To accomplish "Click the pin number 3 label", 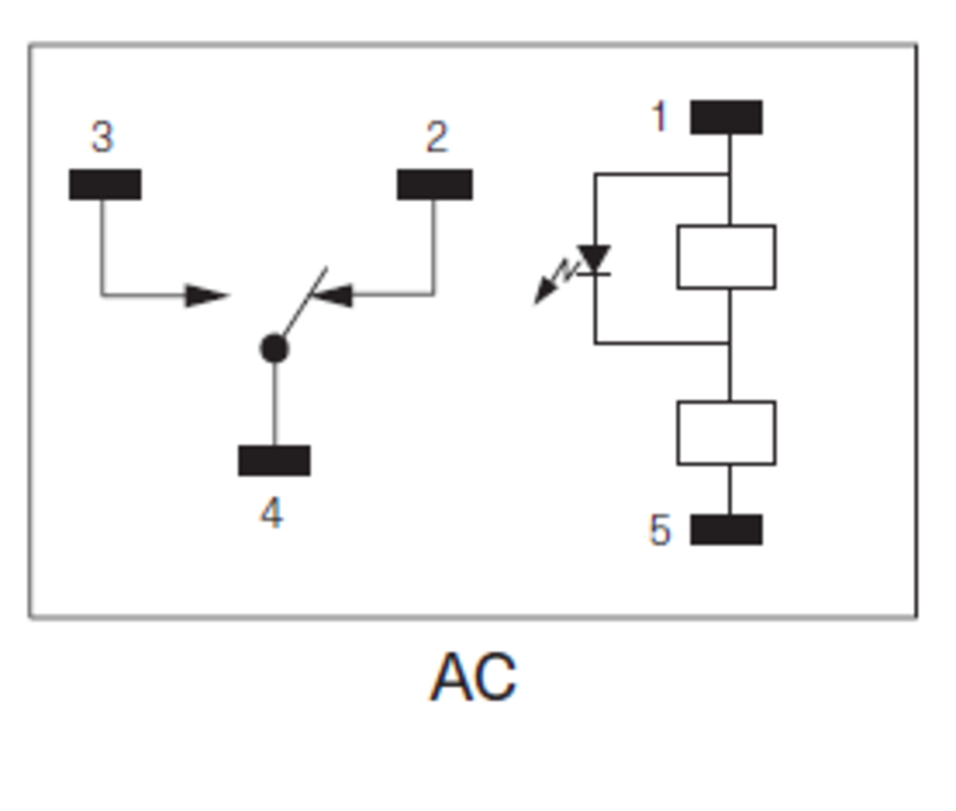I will (x=102, y=137).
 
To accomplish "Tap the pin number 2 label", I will (x=436, y=138).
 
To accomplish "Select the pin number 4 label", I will (x=272, y=515).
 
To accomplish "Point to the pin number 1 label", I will (x=659, y=117).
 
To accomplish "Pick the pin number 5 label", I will (x=660, y=530).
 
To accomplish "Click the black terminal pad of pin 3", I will (x=105, y=185).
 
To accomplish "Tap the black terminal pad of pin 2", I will (x=435, y=185).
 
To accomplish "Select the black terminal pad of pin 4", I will (x=274, y=460).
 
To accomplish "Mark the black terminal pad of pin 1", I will (x=727, y=118).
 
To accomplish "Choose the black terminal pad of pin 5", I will (x=727, y=529).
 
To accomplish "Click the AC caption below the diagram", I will (x=473, y=677).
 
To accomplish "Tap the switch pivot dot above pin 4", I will (x=274, y=349).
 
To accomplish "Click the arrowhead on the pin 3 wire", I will (x=206, y=296).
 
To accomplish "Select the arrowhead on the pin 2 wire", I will (x=332, y=295).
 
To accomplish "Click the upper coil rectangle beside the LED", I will (x=727, y=256).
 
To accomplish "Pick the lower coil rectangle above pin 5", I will (x=727, y=433).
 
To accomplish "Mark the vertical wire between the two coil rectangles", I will (x=729, y=368).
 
